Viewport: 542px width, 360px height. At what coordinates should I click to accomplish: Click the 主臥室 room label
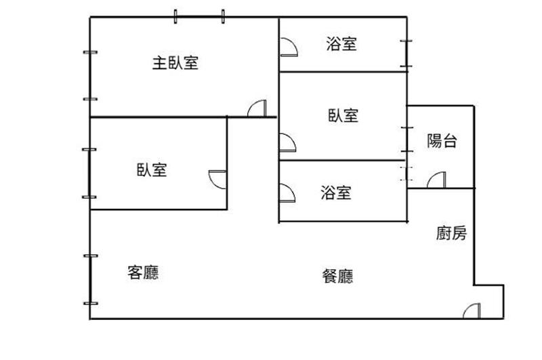pos(175,63)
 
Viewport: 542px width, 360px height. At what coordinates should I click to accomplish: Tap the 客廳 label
pos(143,273)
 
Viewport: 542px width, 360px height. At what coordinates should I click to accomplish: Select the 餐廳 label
pos(337,276)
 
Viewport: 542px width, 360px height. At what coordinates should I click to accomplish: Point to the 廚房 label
pos(451,233)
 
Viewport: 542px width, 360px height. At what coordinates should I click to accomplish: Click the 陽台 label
pos(442,141)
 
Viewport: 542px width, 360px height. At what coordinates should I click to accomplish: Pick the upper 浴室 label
pos(341,44)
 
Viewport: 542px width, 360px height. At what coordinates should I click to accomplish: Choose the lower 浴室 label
pos(335,193)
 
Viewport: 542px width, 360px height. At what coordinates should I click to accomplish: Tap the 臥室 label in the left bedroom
pos(152,169)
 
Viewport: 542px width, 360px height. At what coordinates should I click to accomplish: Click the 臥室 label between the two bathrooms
pos(343,115)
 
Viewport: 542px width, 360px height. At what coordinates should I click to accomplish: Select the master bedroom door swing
pos(257,108)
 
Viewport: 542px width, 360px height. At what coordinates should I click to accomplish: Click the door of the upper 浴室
pos(289,47)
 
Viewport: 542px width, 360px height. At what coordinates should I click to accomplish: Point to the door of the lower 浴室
pos(287,193)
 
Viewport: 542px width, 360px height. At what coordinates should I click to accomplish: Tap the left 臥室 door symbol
pos(217,180)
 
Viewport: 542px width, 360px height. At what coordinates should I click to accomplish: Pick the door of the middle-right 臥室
pos(287,142)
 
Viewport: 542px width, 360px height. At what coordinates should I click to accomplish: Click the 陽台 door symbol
pos(436,180)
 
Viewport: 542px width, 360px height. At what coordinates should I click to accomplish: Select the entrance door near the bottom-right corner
pos(472,311)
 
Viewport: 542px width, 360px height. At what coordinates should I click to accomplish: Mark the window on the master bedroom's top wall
pos(199,16)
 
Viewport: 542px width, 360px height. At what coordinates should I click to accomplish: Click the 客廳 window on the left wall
pos(90,280)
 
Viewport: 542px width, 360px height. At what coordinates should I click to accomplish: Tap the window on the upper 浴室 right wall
pos(406,54)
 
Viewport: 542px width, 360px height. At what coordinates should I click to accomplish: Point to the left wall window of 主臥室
pos(90,76)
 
